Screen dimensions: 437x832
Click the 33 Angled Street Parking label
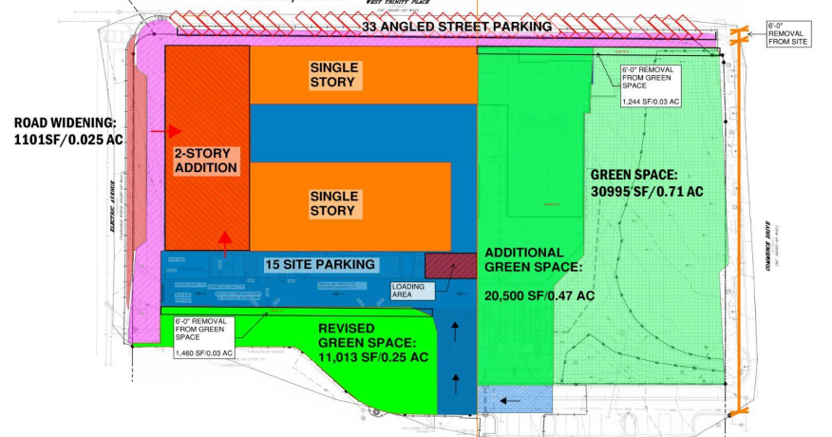456,28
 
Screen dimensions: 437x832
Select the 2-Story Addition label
205,160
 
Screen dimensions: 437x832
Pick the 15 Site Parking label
319,264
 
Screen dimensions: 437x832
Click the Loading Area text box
408,290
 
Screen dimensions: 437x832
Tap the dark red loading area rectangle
449,266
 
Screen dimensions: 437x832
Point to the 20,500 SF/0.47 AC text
540,295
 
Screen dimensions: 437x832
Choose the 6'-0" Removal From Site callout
789,35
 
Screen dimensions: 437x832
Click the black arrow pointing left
509,400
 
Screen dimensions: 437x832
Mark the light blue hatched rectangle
515,399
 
